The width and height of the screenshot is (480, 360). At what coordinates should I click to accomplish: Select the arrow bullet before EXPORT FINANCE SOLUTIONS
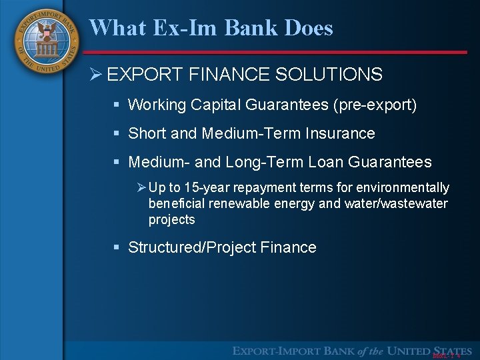click(x=96, y=75)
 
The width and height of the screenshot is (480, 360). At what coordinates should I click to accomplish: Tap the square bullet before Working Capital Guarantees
click(x=116, y=105)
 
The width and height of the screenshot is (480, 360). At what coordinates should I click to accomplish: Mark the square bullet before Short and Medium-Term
click(x=116, y=134)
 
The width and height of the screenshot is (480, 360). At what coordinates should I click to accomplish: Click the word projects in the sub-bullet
click(x=171, y=219)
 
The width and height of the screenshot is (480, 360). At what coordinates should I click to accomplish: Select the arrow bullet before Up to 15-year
click(x=141, y=188)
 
